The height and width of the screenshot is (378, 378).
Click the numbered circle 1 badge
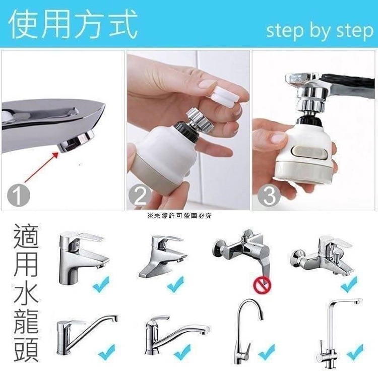coord(19,195)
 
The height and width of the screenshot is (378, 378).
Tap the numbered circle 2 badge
coord(140,195)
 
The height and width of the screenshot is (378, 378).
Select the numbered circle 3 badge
coord(269,195)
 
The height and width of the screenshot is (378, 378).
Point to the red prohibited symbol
coord(262,285)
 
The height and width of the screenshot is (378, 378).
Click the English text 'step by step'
coord(320,31)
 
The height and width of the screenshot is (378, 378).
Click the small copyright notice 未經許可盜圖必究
coord(180,216)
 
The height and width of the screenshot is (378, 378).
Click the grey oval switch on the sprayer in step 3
coord(309,152)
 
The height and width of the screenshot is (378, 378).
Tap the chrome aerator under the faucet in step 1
coord(77,142)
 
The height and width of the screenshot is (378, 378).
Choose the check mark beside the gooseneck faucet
coord(267,352)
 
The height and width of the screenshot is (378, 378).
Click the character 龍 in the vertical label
coord(26,322)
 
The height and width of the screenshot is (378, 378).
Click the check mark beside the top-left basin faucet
coord(101,284)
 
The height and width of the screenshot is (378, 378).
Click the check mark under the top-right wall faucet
coord(348,284)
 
